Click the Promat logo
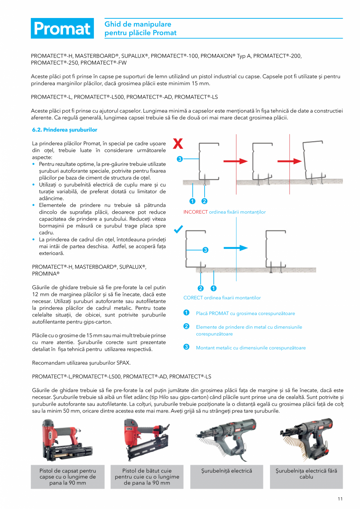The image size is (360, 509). click(62, 28)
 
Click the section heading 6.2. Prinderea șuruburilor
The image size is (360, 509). click(65, 129)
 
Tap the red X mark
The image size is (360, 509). click(178, 144)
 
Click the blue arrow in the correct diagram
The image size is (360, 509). click(236, 248)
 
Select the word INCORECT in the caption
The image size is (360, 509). click(195, 212)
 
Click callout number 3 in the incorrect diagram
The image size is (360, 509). click(179, 159)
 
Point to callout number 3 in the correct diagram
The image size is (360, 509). click(205, 250)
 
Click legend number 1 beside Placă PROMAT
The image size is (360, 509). click(187, 313)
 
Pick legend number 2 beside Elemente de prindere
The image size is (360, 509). click(187, 327)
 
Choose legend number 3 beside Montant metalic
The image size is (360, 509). click(187, 347)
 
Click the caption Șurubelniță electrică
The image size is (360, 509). click(227, 471)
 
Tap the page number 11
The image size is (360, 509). click(340, 498)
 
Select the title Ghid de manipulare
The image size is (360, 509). click(138, 24)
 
